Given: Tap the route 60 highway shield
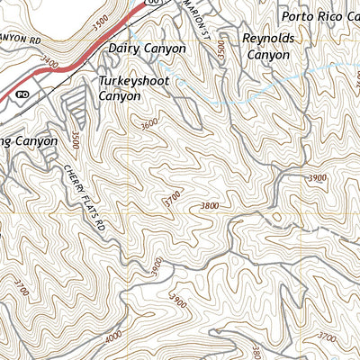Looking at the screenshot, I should coord(153,4).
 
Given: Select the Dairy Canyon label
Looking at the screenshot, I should coord(147,49).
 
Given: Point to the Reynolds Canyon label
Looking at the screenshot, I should coord(267,47).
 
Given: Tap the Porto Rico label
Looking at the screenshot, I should coord(319,16).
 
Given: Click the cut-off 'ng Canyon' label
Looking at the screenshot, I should coord(29,141).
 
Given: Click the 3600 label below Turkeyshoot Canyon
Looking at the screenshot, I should coord(148,123).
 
